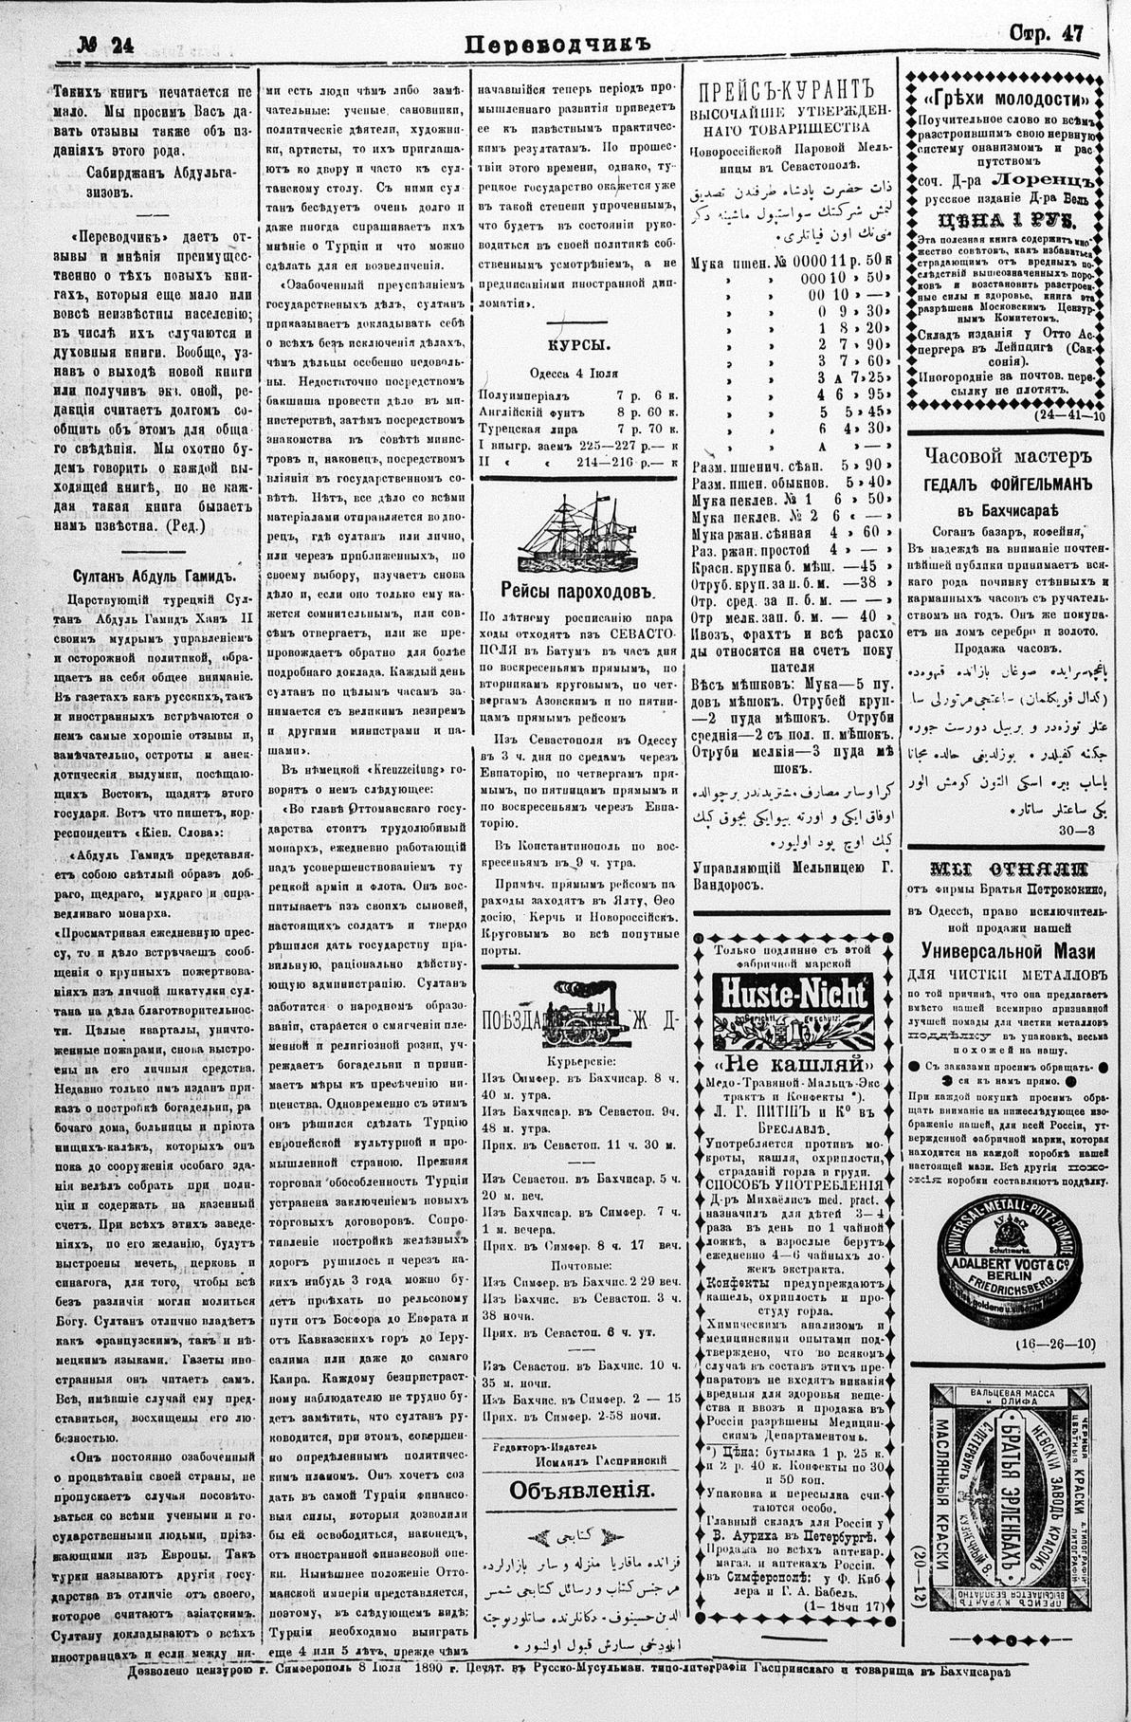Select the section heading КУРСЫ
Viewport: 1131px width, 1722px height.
579,346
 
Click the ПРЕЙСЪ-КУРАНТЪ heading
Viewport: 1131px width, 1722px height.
784,91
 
